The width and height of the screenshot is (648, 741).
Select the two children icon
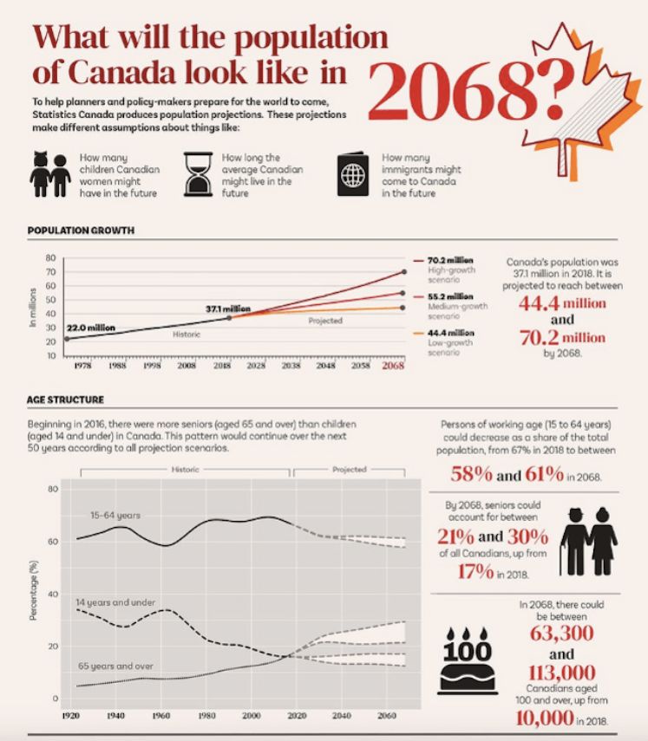point(49,174)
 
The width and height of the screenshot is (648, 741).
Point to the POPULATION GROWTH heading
point(81,231)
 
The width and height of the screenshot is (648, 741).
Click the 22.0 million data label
point(89,328)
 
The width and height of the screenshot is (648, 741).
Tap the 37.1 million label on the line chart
point(228,309)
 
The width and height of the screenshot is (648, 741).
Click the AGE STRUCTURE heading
point(66,400)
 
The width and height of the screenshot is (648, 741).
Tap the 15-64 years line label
point(115,515)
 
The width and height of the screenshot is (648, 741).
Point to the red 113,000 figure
point(560,673)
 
